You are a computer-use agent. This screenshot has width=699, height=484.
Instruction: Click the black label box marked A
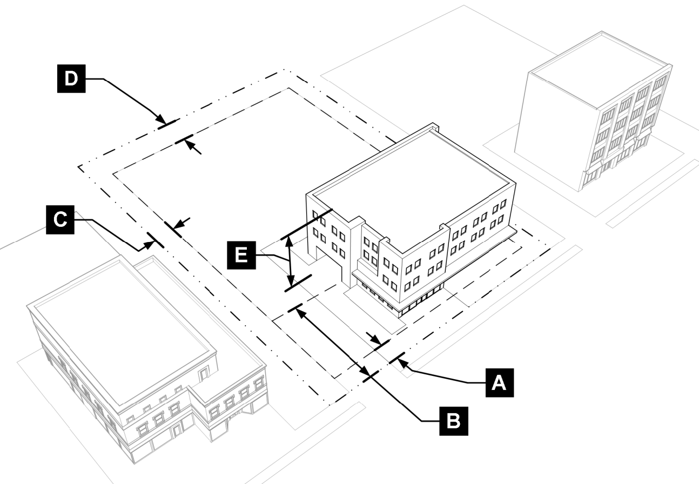[x=499, y=381]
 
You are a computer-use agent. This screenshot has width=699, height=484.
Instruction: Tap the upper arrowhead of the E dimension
[x=291, y=241]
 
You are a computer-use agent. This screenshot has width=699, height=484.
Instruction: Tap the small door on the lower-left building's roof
[x=204, y=373]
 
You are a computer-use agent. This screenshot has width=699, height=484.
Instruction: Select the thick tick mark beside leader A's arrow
[x=397, y=359]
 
